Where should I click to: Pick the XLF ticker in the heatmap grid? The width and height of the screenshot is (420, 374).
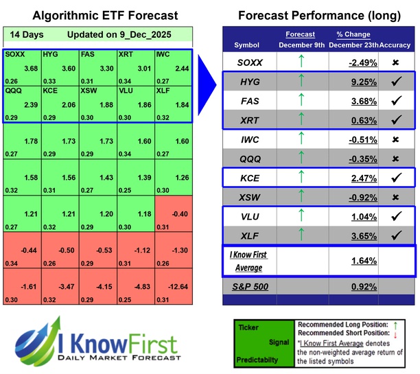coord(163,90)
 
